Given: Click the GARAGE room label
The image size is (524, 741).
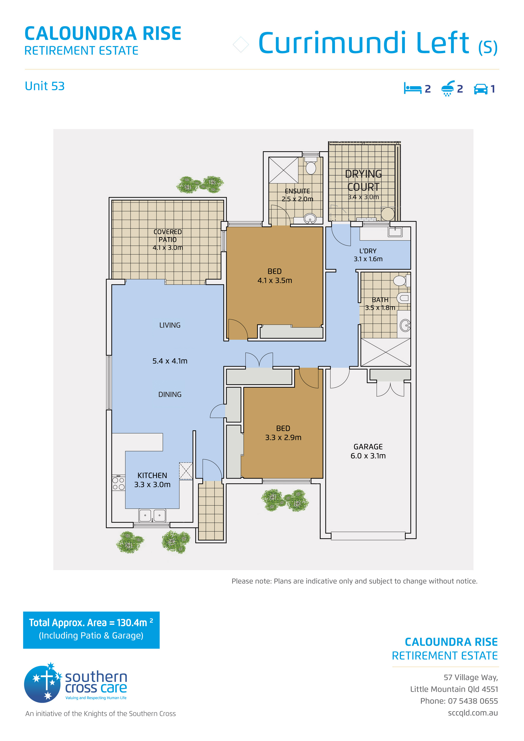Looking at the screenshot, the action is [x=368, y=447].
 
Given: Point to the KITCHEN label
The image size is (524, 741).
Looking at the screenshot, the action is [x=152, y=475].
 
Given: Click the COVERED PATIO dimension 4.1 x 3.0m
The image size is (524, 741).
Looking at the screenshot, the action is [x=168, y=248].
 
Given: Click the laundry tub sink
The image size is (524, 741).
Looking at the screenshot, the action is [x=395, y=232].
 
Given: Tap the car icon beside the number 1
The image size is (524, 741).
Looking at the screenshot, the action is [x=481, y=89].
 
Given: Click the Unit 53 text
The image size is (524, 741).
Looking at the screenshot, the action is [x=45, y=86].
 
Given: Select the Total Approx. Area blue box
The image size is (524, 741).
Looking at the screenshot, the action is [x=91, y=630].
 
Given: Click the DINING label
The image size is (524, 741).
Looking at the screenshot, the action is [x=170, y=394].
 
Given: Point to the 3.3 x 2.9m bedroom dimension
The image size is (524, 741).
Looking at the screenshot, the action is [x=283, y=438].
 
